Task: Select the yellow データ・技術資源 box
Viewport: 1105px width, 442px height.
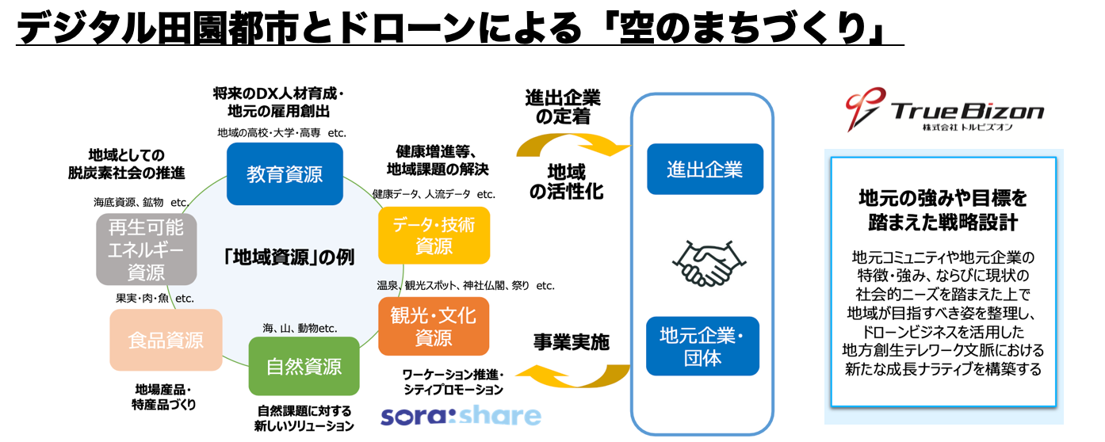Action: click(x=434, y=235)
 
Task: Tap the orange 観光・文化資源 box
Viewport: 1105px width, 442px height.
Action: click(x=434, y=326)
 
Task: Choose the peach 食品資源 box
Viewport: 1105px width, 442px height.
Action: click(x=166, y=340)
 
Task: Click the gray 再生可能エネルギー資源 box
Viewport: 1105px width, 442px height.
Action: click(x=146, y=250)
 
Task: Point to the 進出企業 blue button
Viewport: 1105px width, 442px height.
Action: click(x=704, y=169)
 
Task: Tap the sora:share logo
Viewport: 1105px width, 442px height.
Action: click(x=461, y=416)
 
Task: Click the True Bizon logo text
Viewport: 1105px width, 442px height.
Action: click(x=967, y=111)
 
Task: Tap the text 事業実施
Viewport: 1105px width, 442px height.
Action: click(x=570, y=342)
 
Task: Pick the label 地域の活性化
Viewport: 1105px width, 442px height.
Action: click(x=566, y=181)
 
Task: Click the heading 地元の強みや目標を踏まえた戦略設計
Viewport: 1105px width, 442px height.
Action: click(x=942, y=209)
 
